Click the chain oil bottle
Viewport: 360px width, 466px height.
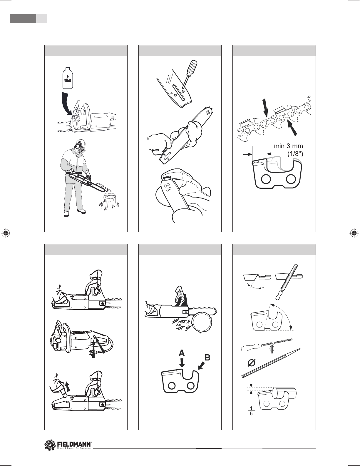[x=68, y=78]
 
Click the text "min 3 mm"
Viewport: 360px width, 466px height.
[x=288, y=146]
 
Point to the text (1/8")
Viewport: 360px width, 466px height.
[x=295, y=154]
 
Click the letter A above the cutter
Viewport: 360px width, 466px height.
[x=182, y=353]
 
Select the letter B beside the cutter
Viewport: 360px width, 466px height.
[x=207, y=358]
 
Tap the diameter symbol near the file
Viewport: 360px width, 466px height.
[x=252, y=363]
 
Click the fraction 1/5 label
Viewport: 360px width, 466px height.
[x=251, y=411]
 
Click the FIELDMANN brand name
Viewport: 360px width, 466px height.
[x=74, y=444]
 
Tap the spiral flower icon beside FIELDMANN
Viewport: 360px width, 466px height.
[x=50, y=445]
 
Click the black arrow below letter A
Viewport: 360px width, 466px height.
[x=182, y=363]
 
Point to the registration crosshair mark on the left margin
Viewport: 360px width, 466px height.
[x=6, y=233]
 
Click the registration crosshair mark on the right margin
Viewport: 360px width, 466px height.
[x=354, y=233]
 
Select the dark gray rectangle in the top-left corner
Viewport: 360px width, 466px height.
[x=23, y=19]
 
